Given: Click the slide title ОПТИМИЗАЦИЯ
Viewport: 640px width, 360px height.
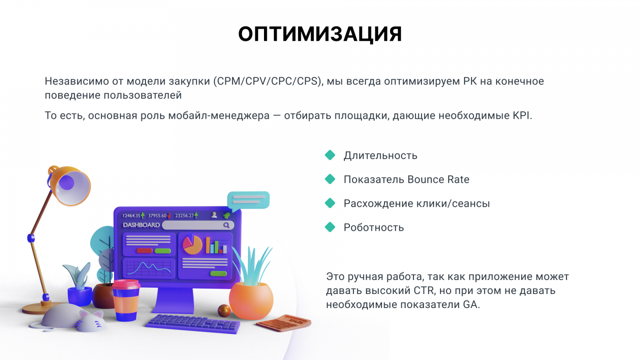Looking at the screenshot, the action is [320, 34].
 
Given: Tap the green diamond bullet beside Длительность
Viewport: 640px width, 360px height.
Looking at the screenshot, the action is [330, 155].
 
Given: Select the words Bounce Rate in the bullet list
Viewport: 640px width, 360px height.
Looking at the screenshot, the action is [438, 180].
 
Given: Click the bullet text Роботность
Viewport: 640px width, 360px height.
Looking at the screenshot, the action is [374, 228].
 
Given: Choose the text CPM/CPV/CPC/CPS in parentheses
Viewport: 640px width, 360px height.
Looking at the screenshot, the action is [267, 82].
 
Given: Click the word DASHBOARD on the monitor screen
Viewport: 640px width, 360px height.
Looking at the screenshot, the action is [141, 225].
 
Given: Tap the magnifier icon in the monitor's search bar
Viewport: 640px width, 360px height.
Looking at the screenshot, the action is [226, 226].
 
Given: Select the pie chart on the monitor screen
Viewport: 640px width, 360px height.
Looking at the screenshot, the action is [192, 244].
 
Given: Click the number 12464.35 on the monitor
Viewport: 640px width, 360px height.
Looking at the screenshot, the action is [131, 216].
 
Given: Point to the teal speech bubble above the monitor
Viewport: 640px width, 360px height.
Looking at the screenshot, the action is [248, 200].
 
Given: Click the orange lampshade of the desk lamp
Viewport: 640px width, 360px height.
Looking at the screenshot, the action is [70, 185].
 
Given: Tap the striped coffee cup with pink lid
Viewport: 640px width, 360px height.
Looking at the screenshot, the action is [126, 300].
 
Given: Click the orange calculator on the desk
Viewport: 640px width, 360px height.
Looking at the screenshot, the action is [284, 323].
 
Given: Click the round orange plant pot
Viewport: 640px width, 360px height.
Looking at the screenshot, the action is [251, 300].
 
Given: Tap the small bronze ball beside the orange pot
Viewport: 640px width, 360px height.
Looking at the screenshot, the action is [224, 311].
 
